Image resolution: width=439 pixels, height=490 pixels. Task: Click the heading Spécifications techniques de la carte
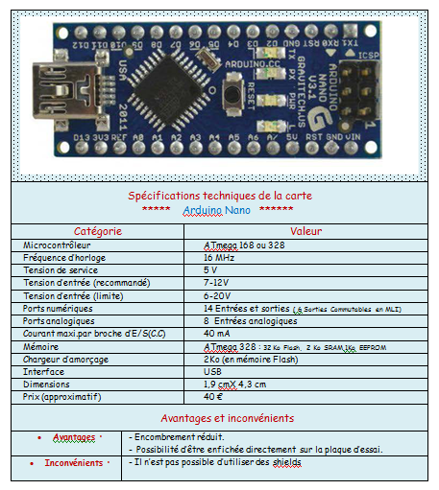coord(220,196)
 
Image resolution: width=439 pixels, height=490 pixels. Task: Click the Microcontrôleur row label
coord(58,245)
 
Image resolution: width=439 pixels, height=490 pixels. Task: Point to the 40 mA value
coord(217,334)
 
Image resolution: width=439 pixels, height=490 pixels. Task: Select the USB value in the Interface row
coord(213,371)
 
